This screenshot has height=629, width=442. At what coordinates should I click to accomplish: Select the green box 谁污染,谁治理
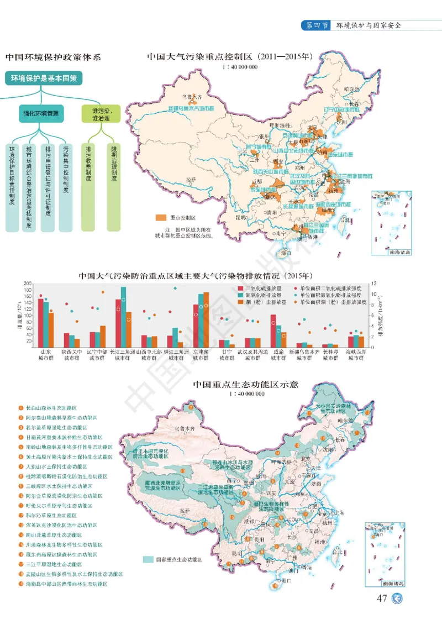(100, 114)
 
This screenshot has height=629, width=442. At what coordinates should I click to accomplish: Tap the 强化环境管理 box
(43, 114)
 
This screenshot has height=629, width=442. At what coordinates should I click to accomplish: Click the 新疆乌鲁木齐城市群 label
(194, 109)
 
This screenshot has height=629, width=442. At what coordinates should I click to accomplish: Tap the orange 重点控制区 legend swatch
(161, 218)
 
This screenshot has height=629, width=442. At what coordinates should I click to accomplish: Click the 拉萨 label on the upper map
(192, 180)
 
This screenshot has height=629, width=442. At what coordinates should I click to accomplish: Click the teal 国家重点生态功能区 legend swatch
(148, 559)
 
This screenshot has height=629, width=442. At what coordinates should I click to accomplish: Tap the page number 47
(382, 599)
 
